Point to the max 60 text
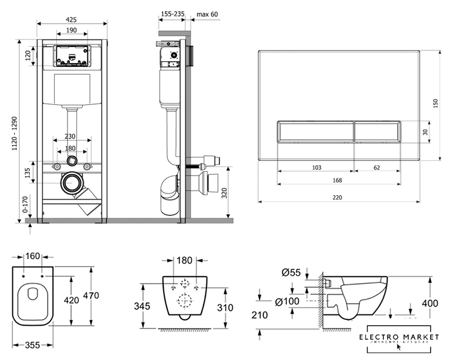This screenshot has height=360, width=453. pyautogui.click(x=207, y=13)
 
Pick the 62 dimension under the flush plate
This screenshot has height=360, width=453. pyautogui.click(x=376, y=167)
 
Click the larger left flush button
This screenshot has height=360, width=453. pyautogui.click(x=316, y=132)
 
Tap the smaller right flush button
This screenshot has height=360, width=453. pyautogui.click(x=377, y=132)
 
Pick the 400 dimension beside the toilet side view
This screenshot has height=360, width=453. pyautogui.click(x=430, y=303)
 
